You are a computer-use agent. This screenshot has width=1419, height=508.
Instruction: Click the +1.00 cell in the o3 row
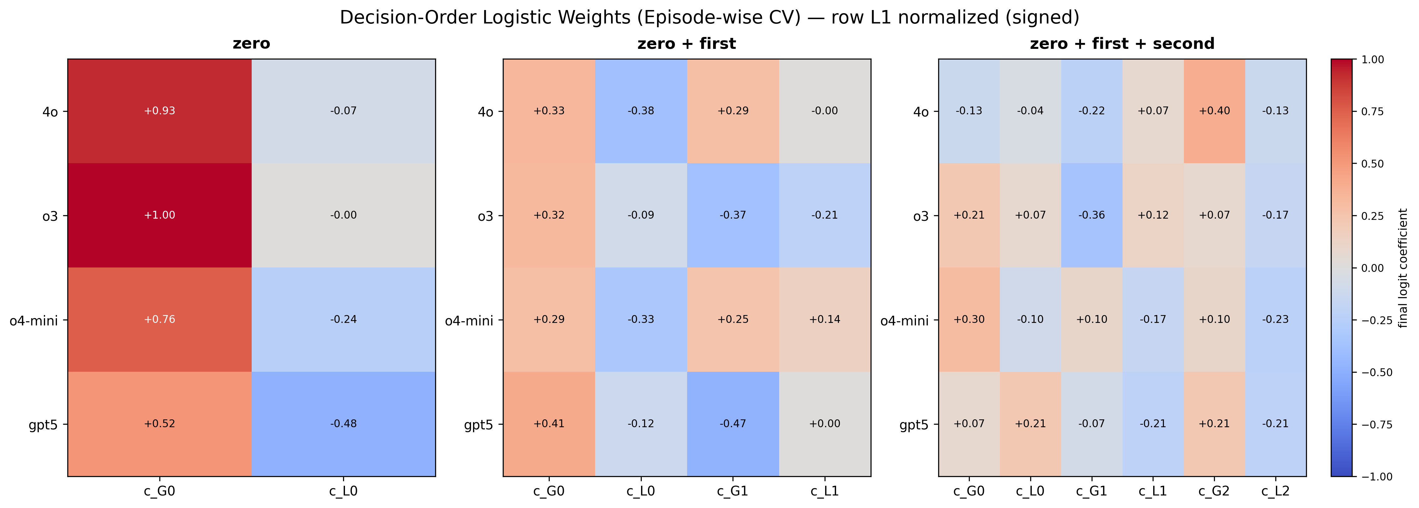pos(159,215)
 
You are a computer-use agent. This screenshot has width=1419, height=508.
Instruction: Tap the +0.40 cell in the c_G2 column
pos(1214,111)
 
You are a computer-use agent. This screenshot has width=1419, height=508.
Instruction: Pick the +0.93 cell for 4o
pos(159,111)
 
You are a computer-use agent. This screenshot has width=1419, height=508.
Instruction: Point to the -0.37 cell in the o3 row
pos(733,215)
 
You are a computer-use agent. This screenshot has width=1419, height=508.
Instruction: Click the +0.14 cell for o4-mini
pos(825,319)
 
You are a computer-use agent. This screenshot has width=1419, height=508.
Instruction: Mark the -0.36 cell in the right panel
pos(1091,215)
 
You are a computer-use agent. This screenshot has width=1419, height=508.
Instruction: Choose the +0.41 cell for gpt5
pos(549,424)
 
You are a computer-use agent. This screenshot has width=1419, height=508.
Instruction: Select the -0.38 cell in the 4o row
pos(641,111)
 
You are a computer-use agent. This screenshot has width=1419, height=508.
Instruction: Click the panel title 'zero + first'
pos(686,44)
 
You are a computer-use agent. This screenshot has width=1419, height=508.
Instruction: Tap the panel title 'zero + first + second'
pos(1122,44)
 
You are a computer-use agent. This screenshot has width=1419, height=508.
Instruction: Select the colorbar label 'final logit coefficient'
pos(1403,268)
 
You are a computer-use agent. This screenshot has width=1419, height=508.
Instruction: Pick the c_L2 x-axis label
pos(1275,491)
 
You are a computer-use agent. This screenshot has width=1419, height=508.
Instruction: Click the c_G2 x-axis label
pos(1214,491)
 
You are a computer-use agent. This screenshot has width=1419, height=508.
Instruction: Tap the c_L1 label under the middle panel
pos(825,491)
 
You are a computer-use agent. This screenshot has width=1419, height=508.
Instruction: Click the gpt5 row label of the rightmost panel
pos(914,425)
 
